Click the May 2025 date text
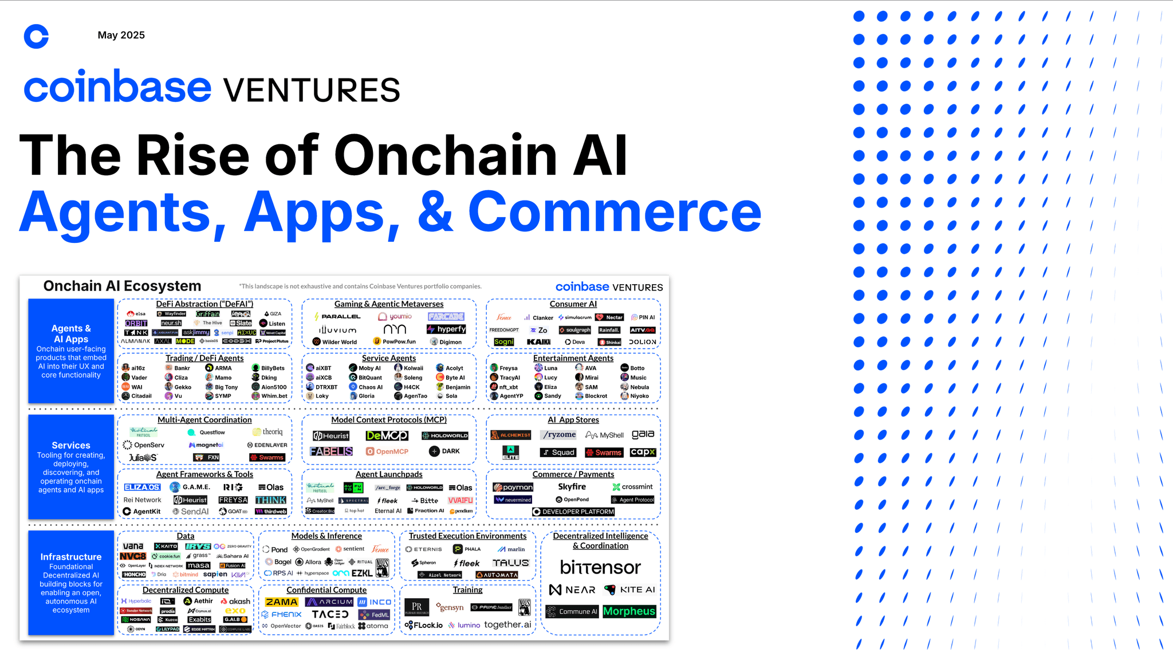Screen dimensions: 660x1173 (x=121, y=35)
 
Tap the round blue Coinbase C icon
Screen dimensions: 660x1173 (x=36, y=37)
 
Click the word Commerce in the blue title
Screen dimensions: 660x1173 (x=615, y=212)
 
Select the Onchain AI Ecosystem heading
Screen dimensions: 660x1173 (x=122, y=286)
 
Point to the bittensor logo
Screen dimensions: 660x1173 (x=600, y=567)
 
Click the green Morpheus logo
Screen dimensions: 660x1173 (x=629, y=611)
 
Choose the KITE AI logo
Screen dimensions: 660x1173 (x=629, y=590)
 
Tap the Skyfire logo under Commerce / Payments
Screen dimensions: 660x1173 (x=572, y=486)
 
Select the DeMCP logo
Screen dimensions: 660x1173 (x=387, y=436)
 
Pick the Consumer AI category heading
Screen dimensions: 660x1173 (x=573, y=304)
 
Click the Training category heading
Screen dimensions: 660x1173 (x=467, y=590)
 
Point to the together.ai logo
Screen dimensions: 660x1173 (x=507, y=624)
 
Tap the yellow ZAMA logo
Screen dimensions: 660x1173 (x=281, y=602)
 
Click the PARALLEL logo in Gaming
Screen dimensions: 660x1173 (x=338, y=316)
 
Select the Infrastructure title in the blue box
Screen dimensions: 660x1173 (x=70, y=557)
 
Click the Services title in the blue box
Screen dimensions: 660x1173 (x=70, y=445)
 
